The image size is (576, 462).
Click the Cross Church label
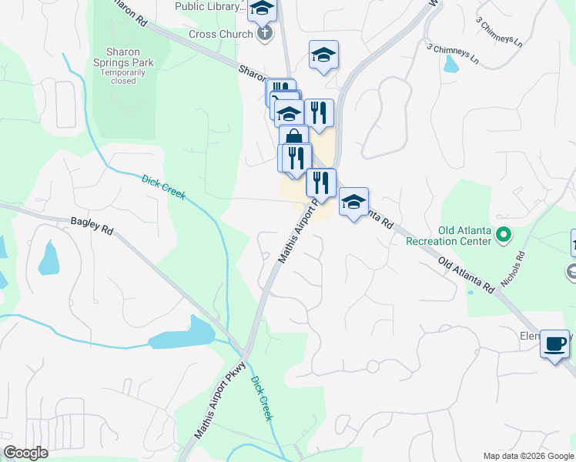[221, 34]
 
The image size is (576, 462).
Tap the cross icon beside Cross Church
[264, 34]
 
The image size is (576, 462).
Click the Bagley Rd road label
[92, 229]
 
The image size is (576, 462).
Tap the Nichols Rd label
[513, 269]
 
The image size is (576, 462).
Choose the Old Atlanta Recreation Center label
[449, 236]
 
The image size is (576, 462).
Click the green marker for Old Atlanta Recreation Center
[504, 233]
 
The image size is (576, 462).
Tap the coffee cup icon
[554, 343]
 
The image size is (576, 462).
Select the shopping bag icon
[293, 139]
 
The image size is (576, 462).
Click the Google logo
[25, 453]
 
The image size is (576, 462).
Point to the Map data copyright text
[528, 456]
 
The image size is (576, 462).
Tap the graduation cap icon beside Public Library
[263, 8]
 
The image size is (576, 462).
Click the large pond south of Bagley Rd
[183, 334]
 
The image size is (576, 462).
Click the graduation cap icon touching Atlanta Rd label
[353, 202]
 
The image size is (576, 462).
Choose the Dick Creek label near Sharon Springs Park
[164, 188]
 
